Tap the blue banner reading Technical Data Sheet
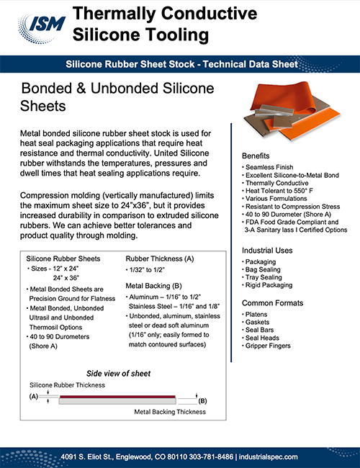(181, 64)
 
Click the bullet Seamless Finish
(270, 167)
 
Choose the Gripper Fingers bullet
(270, 346)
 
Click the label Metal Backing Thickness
(166, 413)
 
